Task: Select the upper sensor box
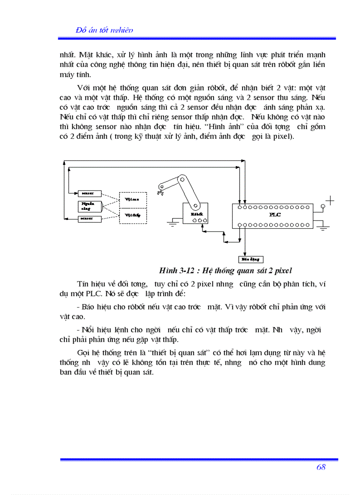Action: tap(90, 194)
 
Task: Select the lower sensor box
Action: tap(90, 219)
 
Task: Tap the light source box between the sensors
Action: tap(90, 206)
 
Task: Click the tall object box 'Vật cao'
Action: tap(132, 199)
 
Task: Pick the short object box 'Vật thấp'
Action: tap(132, 215)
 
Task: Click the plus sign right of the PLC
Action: tap(330, 201)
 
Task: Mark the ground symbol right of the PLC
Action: tap(324, 228)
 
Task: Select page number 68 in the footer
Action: tap(321, 467)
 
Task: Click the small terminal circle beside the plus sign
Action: tap(323, 206)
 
